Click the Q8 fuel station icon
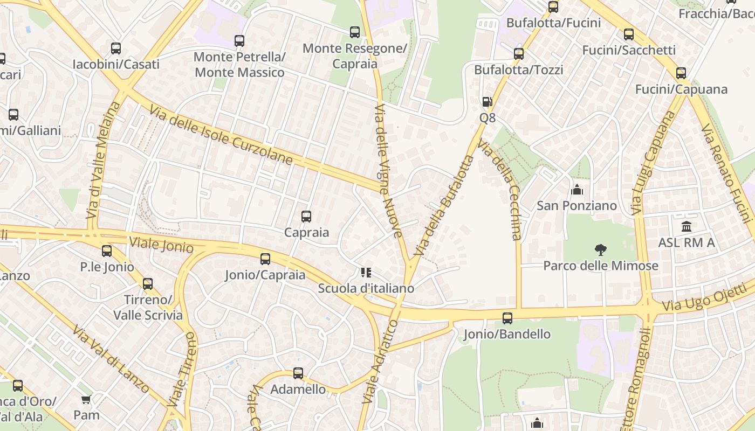click(487, 102)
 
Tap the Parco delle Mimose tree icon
click(600, 249)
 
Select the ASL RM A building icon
click(687, 226)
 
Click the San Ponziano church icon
click(576, 190)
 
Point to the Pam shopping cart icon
click(86, 399)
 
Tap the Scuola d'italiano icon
click(366, 273)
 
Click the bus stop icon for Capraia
click(306, 217)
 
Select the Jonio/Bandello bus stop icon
click(507, 318)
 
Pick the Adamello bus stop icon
click(298, 373)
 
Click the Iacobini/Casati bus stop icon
click(116, 48)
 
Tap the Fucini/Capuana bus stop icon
click(681, 73)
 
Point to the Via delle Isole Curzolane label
click(222, 135)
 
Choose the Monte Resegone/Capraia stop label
click(355, 56)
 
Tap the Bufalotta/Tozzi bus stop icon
click(519, 54)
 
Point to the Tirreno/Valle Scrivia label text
click(148, 307)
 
